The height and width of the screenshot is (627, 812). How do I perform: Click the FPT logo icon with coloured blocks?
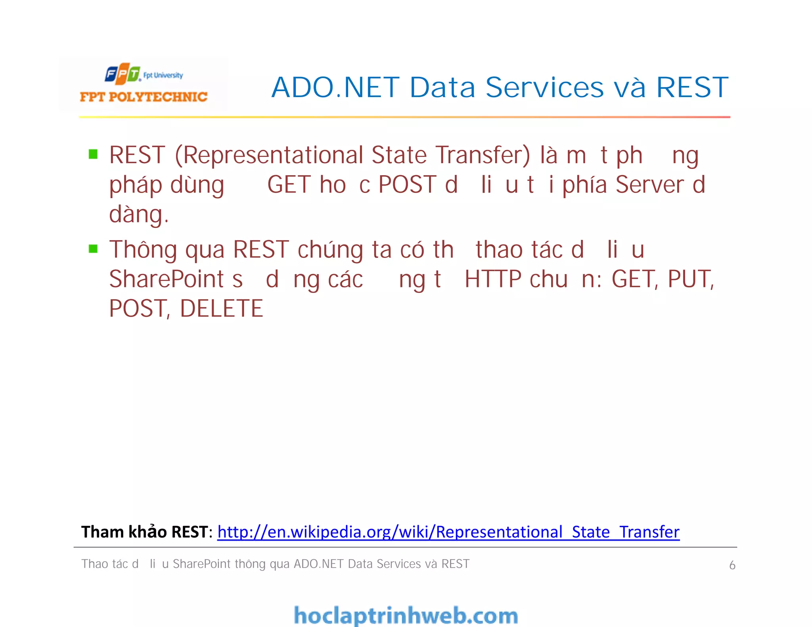123,74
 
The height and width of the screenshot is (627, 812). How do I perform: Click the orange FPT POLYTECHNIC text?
144,97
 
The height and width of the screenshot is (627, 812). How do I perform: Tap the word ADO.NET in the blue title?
335,88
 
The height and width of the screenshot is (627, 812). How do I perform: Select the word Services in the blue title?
544,88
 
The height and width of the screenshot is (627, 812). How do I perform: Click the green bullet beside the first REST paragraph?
93,154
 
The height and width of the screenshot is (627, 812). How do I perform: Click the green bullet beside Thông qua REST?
93,249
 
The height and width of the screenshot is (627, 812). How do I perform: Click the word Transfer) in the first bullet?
483,155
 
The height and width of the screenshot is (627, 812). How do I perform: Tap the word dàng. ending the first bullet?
139,214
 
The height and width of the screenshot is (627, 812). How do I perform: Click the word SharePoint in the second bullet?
167,279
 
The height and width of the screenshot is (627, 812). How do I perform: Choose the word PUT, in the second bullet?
691,279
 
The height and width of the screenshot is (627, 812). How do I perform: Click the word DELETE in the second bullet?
221,309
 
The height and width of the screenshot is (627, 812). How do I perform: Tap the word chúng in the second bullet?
330,250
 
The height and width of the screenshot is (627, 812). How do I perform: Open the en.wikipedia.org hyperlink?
448,532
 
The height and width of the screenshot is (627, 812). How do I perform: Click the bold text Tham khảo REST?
144,532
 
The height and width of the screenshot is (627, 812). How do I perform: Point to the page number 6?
732,565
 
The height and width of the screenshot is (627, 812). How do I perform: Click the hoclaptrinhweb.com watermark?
406,616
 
